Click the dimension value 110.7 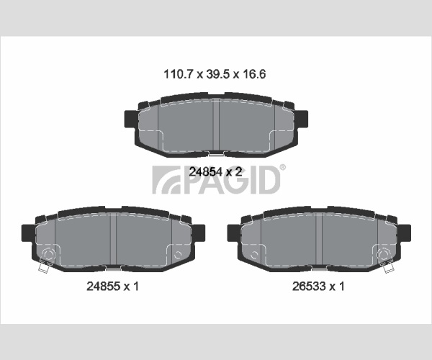click(x=178, y=74)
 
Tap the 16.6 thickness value click(x=254, y=74)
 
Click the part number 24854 click(x=205, y=172)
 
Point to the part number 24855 click(x=103, y=287)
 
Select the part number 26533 click(x=309, y=287)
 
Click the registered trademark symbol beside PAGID click(x=283, y=167)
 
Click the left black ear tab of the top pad click(x=130, y=119)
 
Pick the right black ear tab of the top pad click(x=302, y=119)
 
